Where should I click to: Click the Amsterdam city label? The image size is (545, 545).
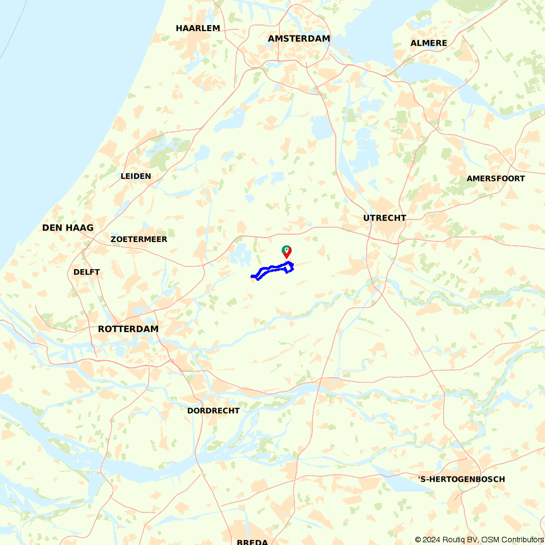299,39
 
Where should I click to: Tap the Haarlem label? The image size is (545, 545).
198,28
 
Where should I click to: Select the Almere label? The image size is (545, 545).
429,43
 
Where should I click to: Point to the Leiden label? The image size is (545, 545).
136,176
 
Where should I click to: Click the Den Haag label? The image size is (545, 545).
68,228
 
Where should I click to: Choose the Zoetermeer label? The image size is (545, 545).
139,239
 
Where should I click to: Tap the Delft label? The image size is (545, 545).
87,272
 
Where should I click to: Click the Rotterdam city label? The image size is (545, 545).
128,329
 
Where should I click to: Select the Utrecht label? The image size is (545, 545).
385,218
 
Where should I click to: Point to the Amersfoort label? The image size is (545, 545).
496,179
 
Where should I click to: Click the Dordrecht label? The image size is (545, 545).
213,410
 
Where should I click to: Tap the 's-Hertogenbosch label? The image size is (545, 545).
461,480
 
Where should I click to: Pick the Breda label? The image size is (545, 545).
252,542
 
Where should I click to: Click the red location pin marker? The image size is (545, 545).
286,251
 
